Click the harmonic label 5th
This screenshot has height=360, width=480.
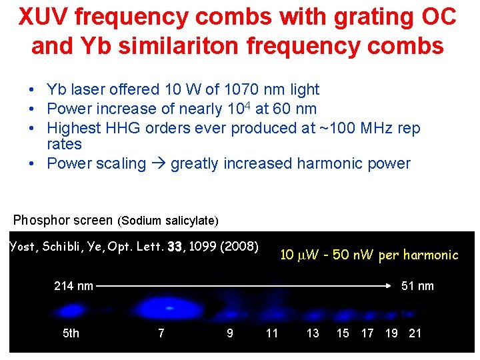point(71,333)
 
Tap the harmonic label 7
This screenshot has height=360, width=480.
point(161,333)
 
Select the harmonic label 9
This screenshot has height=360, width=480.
point(230,333)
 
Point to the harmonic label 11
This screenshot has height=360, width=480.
point(272,333)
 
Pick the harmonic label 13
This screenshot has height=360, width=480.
point(313,333)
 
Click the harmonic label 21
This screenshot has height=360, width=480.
point(415,333)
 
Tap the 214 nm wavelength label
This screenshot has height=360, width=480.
point(73,286)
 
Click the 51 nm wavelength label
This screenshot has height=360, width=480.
point(417,286)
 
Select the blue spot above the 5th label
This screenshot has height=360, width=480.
point(69,310)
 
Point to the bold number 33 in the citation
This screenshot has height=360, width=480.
point(175,247)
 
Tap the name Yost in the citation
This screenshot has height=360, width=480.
point(25,247)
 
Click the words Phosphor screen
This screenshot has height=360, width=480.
point(63,219)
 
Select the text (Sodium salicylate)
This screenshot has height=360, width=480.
point(167,220)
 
